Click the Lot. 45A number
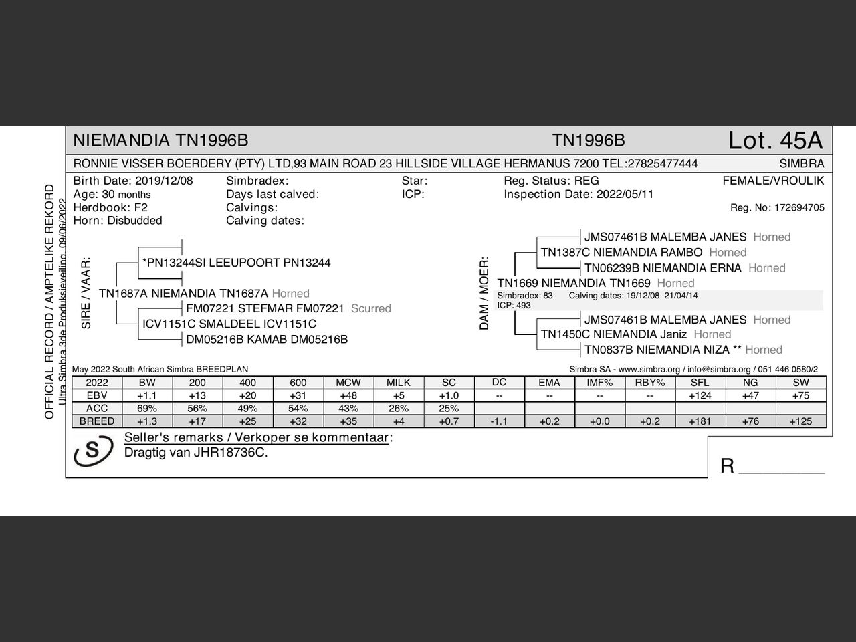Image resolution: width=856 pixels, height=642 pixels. point(775,141)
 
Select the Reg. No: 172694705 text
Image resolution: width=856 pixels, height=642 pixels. point(777,208)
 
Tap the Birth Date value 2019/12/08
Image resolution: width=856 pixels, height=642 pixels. point(164,181)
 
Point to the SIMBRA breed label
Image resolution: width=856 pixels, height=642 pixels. point(801,163)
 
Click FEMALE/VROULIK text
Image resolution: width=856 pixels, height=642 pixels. point(773,181)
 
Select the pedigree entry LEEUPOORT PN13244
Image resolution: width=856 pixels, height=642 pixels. point(237,263)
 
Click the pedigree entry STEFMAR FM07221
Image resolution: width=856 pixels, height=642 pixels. point(265,308)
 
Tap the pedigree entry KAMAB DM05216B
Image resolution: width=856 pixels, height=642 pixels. point(267,339)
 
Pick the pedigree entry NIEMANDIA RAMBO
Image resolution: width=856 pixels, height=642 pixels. point(621,252)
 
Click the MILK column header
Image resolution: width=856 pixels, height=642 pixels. point(399,383)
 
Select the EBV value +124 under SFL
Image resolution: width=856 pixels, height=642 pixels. point(700,395)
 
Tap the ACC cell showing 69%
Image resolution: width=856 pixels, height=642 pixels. point(147,408)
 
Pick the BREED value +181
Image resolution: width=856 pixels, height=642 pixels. point(700,421)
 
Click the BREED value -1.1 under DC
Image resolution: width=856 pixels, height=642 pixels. point(499,421)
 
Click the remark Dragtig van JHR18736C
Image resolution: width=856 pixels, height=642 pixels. point(196,453)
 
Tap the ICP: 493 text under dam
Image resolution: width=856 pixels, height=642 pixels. point(514,306)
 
